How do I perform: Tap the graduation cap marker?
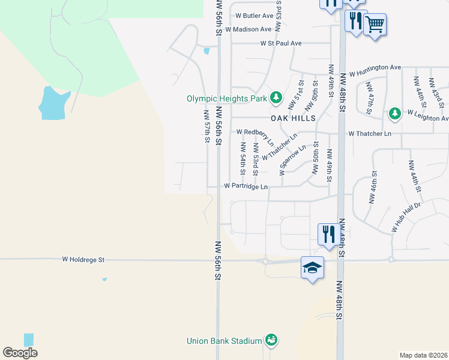pos(312,268)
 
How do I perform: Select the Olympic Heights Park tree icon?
pos(276,97)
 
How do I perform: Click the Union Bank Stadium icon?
pos(271,340)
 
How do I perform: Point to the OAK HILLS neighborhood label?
pos(293,119)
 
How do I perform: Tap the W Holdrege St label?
pos(83,260)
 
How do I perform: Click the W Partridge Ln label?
pos(246,187)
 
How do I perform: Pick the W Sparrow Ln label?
pos(294,155)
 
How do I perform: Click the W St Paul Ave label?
pos(281,43)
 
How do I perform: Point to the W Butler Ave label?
pos(255,16)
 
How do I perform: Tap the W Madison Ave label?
pos(249,29)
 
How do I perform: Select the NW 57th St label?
pos(206,126)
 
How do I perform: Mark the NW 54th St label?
pos(243,158)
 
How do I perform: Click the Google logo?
pos(20,353)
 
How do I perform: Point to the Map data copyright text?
pos(424,355)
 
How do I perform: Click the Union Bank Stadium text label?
pos(224,341)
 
